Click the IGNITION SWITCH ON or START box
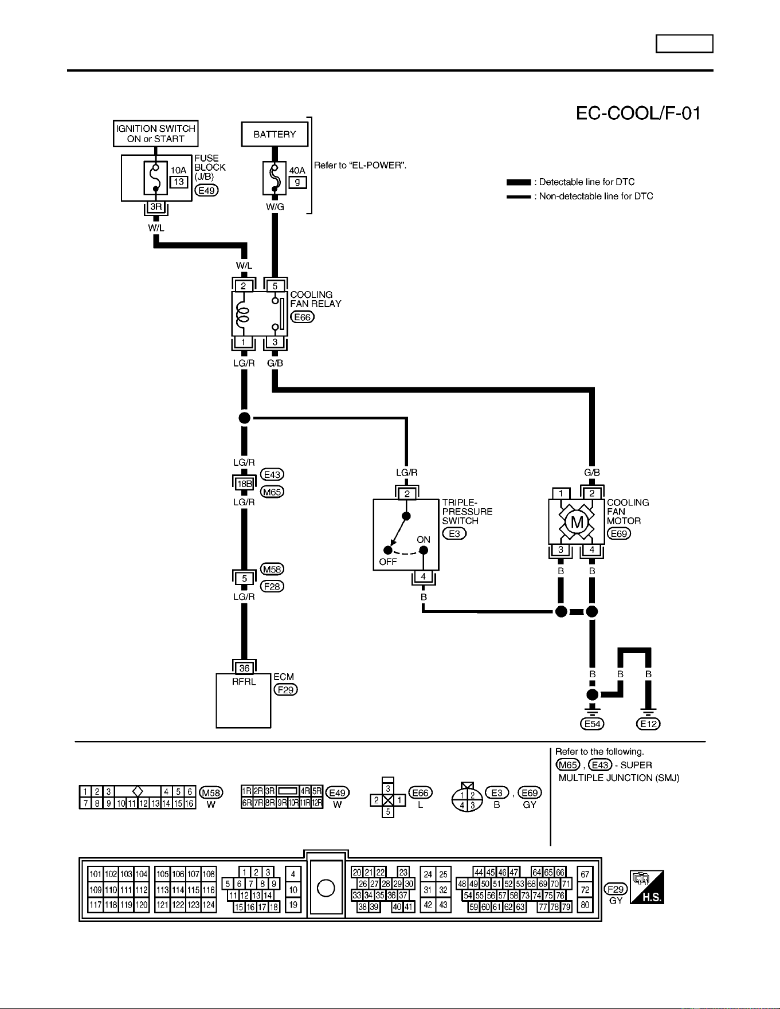click(x=156, y=134)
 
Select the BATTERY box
click(x=275, y=134)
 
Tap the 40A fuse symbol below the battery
click(x=275, y=178)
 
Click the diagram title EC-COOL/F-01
click(x=638, y=113)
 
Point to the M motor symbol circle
click(x=577, y=522)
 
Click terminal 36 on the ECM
click(x=244, y=668)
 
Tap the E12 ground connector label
click(x=649, y=724)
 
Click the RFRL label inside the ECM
click(x=244, y=682)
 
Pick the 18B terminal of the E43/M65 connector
click(x=244, y=484)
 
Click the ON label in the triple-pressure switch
click(x=424, y=540)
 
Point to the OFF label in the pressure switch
click(x=388, y=562)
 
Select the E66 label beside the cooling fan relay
click(x=303, y=317)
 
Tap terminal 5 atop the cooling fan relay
click(x=275, y=286)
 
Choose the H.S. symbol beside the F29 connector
click(x=647, y=887)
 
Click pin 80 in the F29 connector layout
click(x=585, y=905)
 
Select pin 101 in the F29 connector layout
click(x=96, y=874)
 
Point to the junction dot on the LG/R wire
click(x=245, y=418)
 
